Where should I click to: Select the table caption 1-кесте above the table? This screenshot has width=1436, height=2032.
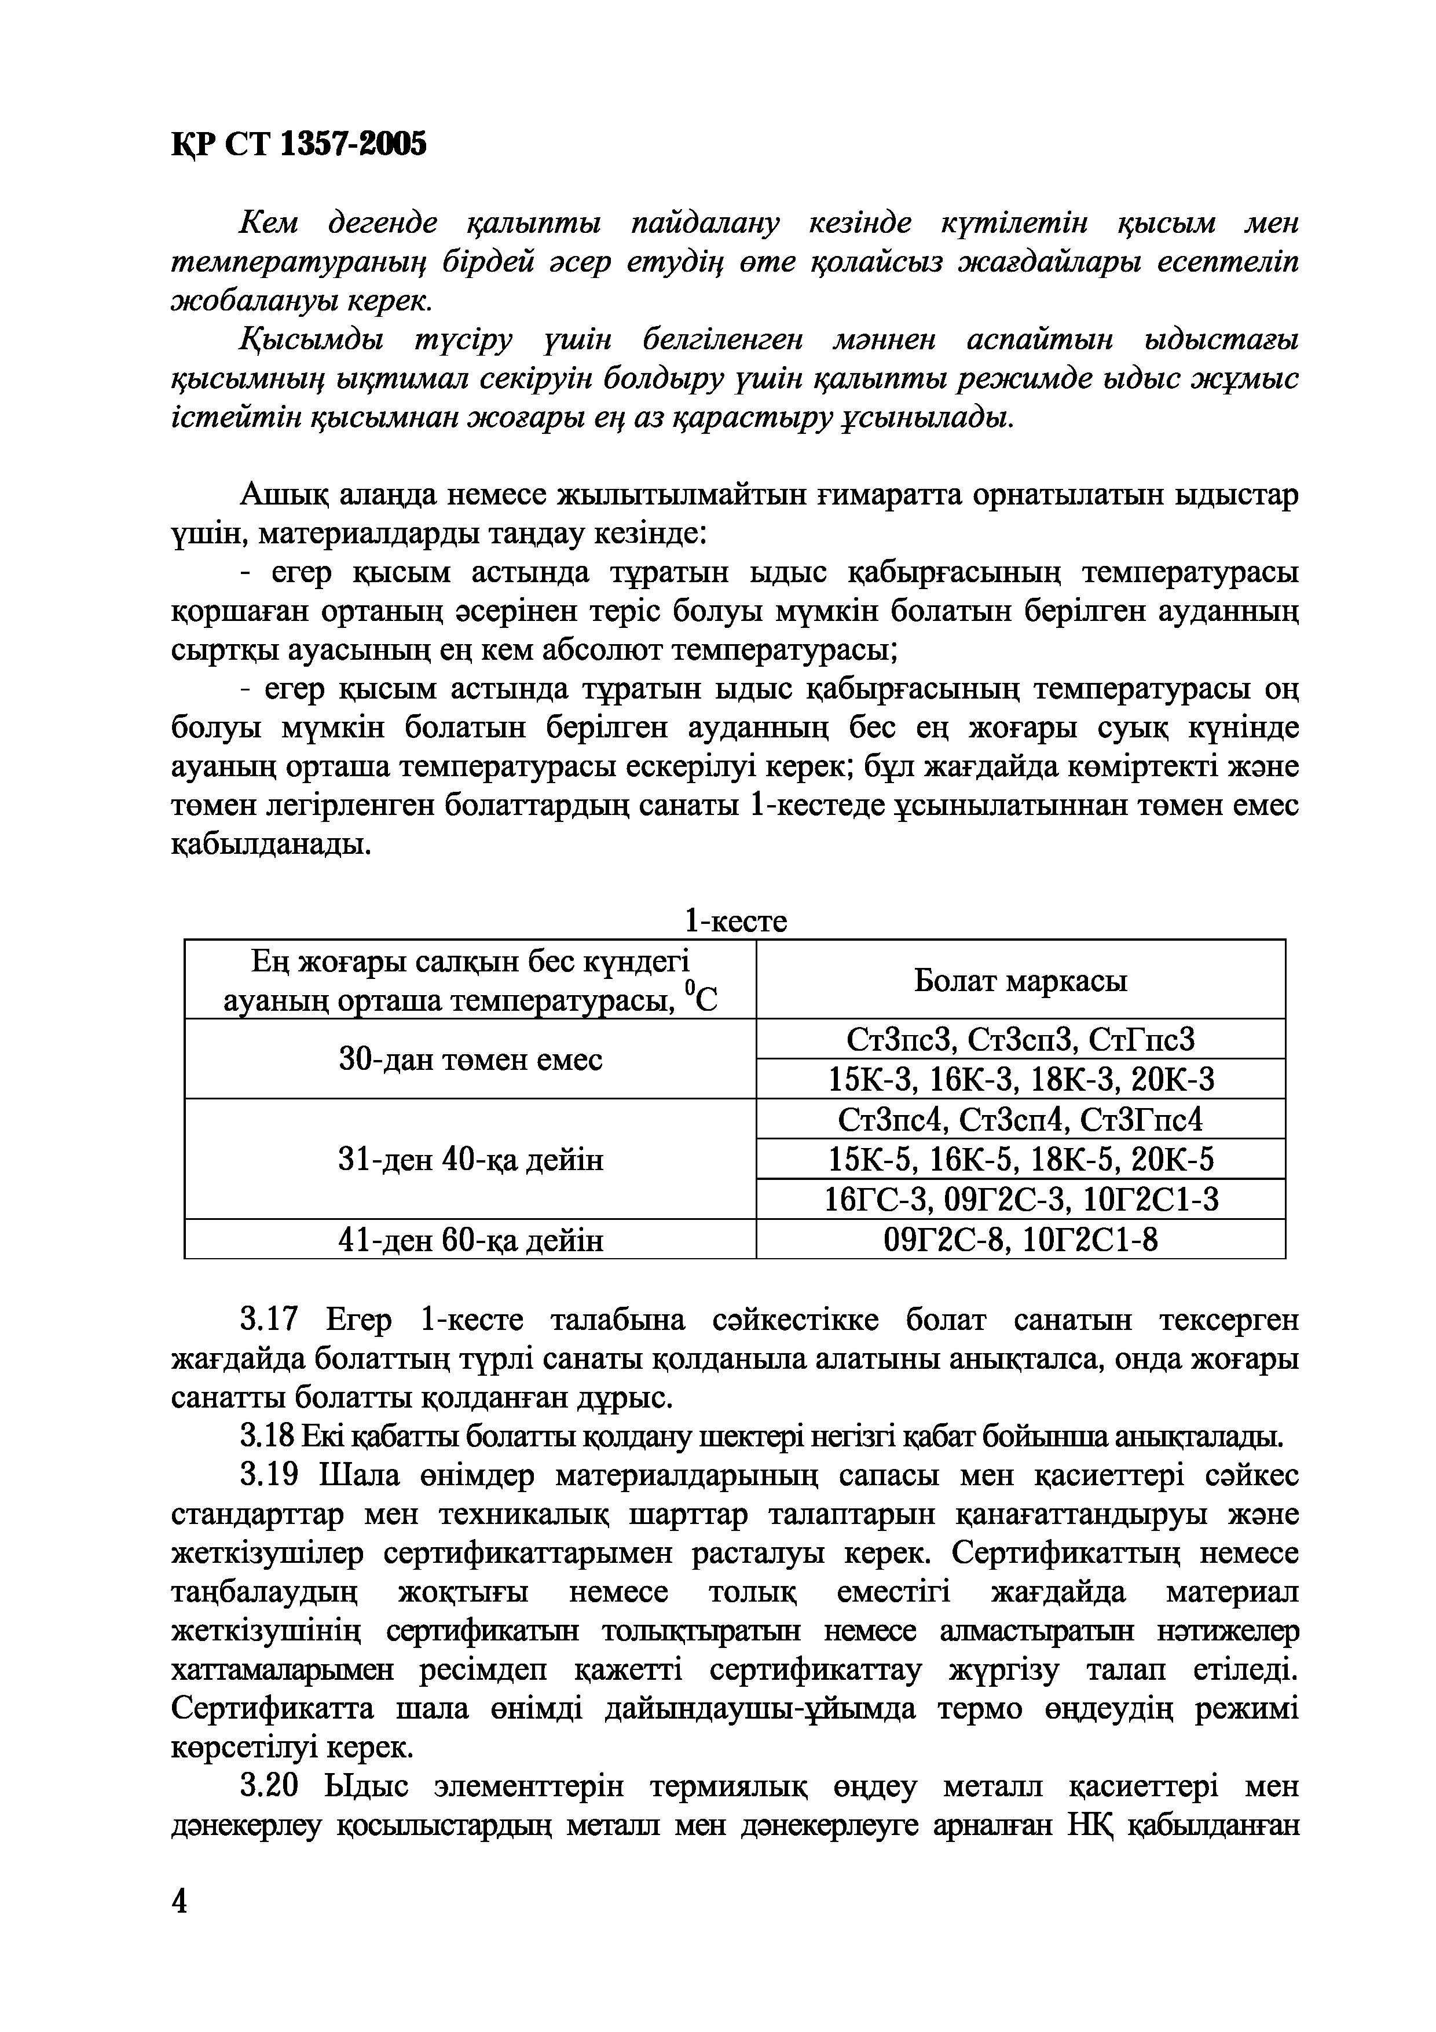735,922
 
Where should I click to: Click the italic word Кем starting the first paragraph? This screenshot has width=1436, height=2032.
269,224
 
